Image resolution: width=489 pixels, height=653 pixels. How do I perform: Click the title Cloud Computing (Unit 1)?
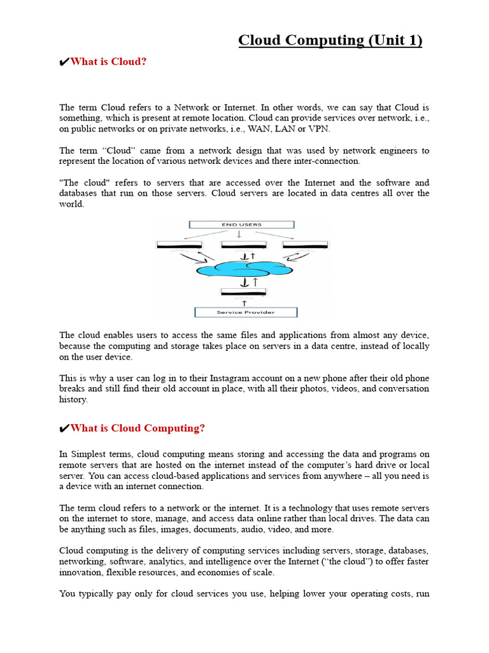(330, 40)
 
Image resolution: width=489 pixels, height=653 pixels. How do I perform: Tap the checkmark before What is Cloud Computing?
(64, 429)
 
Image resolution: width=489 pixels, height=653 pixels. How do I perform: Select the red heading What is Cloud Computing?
(138, 429)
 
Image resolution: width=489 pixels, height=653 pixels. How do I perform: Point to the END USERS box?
(241, 224)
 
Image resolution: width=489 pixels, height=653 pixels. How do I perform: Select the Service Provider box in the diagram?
(245, 312)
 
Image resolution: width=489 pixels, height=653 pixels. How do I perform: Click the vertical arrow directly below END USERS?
(239, 234)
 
